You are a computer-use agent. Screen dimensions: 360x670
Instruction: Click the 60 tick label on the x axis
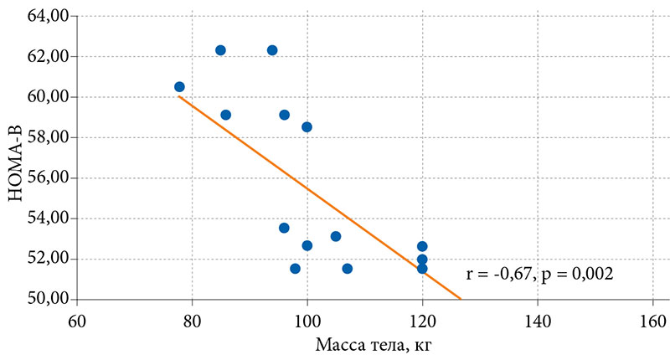tap(77, 321)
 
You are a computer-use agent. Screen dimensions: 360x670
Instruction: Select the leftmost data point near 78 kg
tap(179, 87)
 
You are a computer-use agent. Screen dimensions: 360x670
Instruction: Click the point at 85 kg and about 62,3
tap(220, 50)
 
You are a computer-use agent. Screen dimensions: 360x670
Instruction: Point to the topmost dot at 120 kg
tap(422, 246)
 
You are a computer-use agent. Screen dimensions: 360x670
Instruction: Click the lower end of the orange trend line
tap(460, 297)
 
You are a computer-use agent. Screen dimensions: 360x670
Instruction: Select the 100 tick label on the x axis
tap(307, 321)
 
